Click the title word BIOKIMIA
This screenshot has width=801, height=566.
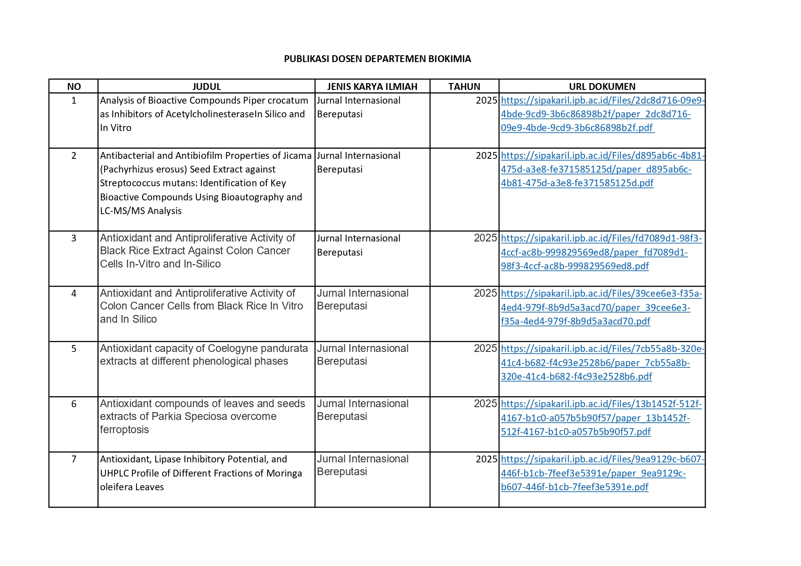(449, 59)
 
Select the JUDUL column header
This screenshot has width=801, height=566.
(206, 87)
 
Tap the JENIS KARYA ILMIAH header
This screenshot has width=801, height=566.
(372, 87)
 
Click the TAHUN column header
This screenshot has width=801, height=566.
(464, 87)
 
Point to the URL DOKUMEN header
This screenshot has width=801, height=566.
(602, 87)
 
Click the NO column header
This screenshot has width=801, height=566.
(74, 87)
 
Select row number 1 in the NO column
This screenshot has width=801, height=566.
(74, 100)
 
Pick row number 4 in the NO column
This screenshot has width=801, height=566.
(74, 293)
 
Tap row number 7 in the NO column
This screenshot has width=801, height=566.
(74, 459)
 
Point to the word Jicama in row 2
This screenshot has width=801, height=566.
(297, 156)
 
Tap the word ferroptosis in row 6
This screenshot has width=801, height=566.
(124, 430)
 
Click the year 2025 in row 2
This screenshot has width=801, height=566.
(486, 156)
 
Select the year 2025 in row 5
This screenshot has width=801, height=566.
(485, 349)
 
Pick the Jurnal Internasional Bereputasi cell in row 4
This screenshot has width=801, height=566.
(363, 300)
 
